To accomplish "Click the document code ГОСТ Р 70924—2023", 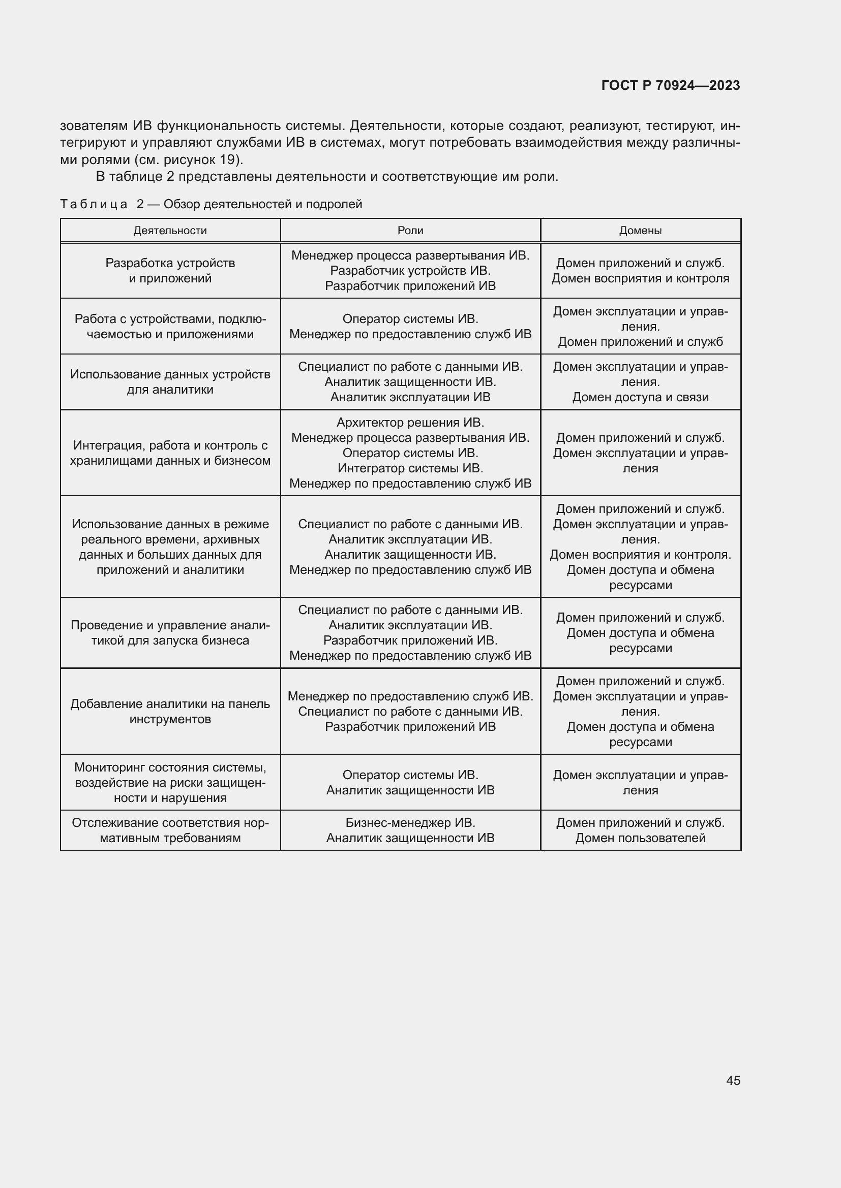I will tap(670, 85).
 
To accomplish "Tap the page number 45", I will tap(733, 1080).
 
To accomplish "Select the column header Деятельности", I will tap(170, 231).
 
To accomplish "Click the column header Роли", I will tap(410, 231).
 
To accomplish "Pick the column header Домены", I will tap(640, 231).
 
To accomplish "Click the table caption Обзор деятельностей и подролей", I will tap(262, 204).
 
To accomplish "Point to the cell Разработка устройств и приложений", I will tap(170, 271).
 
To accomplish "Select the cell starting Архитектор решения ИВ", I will tap(410, 453).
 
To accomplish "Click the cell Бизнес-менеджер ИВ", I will tap(410, 830).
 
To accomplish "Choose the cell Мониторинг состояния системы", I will tap(170, 782).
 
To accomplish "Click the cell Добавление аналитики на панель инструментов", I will tap(170, 712).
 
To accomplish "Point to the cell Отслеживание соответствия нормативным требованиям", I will tap(170, 830).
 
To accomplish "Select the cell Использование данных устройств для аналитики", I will tap(170, 382).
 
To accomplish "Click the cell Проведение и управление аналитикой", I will tap(170, 633).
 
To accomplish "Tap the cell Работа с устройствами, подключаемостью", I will tap(170, 327).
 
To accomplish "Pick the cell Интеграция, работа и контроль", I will tap(170, 453).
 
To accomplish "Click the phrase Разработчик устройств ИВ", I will tap(410, 271).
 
